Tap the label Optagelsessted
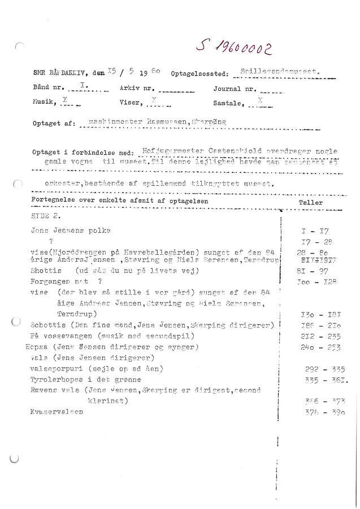tap(199, 73)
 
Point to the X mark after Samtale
tap(260, 101)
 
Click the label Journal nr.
tap(235, 89)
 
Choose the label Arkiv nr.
tap(137, 89)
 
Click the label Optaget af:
tap(54, 123)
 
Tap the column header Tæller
tap(311, 202)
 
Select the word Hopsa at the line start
tap(28, 346)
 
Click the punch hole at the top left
tap(20, 47)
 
